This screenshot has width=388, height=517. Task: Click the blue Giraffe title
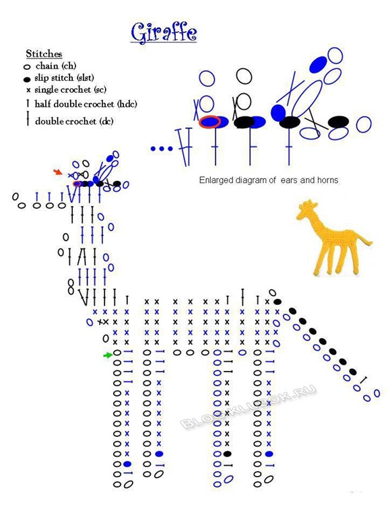(164, 32)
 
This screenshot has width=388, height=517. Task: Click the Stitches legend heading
(44, 54)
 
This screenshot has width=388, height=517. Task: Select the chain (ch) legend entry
(50, 66)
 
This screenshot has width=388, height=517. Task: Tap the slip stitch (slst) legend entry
(59, 78)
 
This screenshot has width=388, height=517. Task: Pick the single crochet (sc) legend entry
(66, 90)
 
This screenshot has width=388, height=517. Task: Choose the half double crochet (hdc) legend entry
(82, 104)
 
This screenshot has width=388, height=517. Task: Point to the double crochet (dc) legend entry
(70, 120)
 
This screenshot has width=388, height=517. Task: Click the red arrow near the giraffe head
(58, 172)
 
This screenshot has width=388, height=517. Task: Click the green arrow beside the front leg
(108, 355)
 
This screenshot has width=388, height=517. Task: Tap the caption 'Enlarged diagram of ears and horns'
(269, 180)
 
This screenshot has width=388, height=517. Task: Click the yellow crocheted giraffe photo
(333, 238)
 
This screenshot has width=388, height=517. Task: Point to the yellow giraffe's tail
(365, 242)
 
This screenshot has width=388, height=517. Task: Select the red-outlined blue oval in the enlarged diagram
(209, 122)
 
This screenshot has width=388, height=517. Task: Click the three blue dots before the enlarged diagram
(162, 149)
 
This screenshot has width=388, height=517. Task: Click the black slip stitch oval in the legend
(27, 79)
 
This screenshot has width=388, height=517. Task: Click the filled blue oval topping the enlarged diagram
(319, 65)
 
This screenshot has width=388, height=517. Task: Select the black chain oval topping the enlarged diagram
(244, 75)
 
